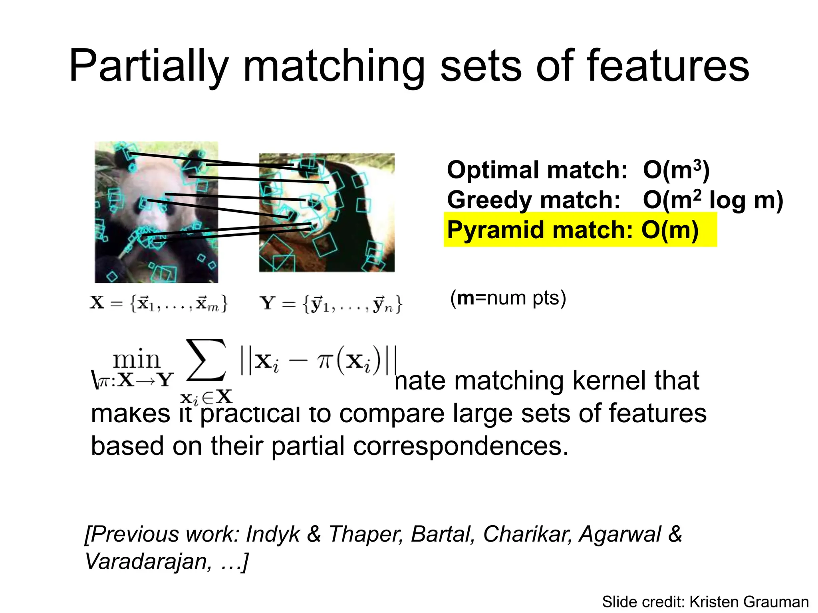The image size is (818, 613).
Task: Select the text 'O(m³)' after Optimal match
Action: tap(676, 170)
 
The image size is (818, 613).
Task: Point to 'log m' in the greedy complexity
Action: tap(745, 200)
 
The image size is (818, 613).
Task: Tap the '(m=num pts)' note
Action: tap(508, 298)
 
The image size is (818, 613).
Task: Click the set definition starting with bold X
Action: tap(159, 303)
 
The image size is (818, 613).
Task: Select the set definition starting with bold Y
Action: tap(331, 304)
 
